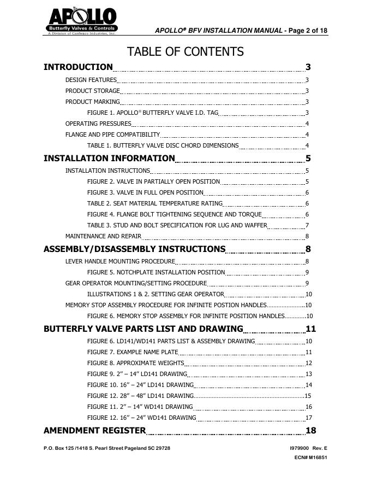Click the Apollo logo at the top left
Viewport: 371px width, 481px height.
80,21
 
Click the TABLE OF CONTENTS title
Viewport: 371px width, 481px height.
185,52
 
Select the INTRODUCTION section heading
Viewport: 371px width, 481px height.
78,67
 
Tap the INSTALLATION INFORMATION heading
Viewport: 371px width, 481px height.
109,159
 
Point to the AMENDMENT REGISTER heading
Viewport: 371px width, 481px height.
94,430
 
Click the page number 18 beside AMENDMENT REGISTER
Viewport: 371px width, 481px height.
310,430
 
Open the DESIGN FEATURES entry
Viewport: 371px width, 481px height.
91,80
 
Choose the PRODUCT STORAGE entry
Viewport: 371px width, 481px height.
92,91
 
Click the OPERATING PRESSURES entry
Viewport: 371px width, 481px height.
98,124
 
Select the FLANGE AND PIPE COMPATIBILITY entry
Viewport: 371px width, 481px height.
112,134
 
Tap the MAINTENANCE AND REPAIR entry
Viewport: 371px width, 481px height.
103,236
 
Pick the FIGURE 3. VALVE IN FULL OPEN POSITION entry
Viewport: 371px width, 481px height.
145,192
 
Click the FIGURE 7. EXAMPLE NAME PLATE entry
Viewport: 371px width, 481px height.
133,352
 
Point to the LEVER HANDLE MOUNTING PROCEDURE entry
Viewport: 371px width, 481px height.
120,261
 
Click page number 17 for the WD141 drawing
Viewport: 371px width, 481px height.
308,418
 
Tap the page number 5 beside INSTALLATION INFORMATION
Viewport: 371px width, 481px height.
308,159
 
